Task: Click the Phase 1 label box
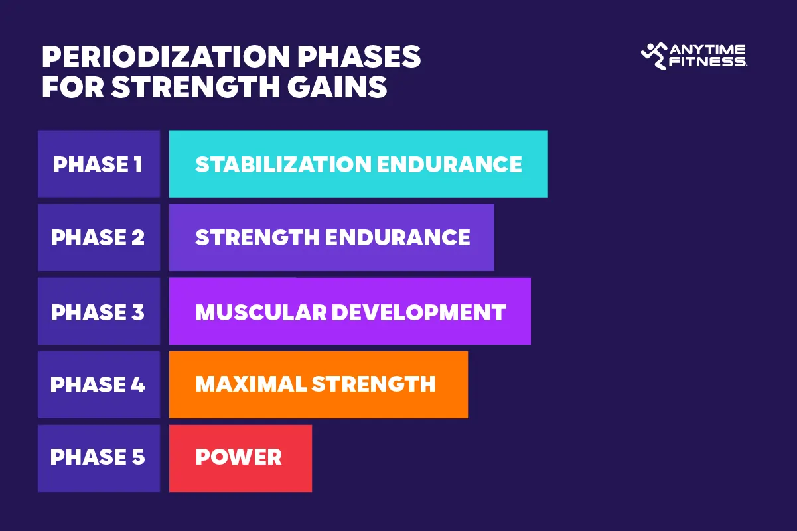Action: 98,164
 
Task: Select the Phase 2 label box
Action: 98,237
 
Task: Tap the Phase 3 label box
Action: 98,312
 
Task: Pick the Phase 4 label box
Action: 98,384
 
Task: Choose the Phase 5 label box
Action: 98,458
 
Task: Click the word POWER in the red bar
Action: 239,457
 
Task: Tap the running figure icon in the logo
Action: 654,56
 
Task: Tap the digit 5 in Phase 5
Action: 137,458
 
